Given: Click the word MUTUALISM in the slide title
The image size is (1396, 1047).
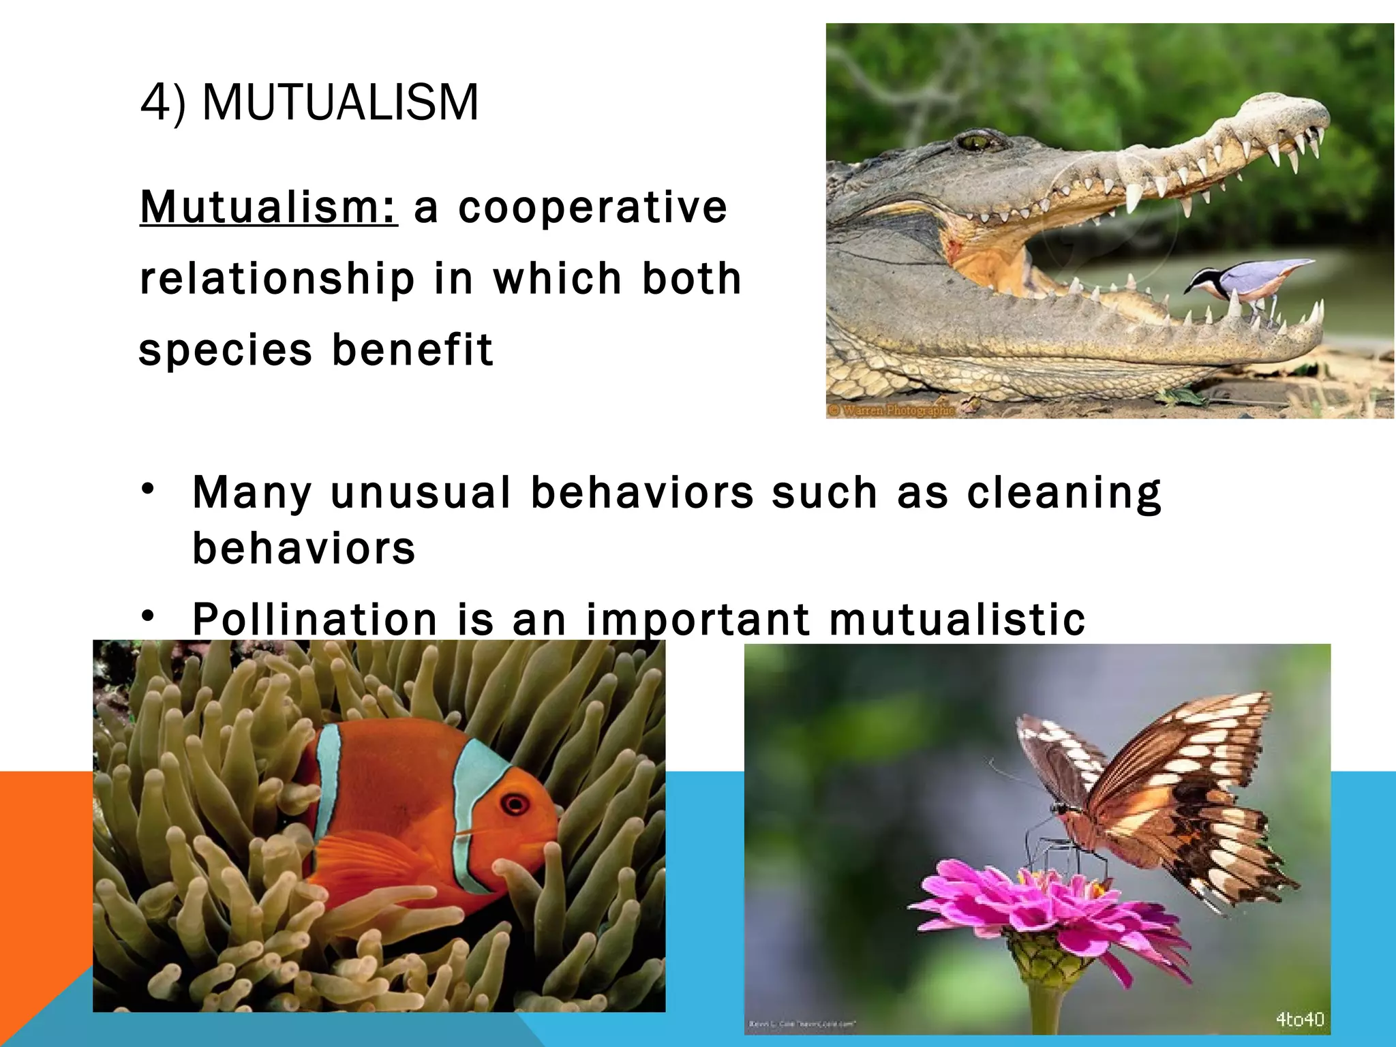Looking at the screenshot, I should [341, 103].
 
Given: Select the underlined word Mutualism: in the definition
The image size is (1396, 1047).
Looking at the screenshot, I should [269, 207].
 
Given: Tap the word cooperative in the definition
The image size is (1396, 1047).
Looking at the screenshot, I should [593, 207].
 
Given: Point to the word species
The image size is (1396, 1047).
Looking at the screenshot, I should [225, 350].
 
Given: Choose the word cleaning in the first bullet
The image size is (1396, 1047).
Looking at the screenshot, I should [1064, 493].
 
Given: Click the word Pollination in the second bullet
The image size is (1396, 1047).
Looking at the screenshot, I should [315, 619].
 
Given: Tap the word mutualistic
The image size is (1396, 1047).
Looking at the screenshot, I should [957, 619].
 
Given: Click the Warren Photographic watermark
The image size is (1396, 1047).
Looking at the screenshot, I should [891, 410].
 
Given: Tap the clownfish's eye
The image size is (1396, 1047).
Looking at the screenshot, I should [515, 804].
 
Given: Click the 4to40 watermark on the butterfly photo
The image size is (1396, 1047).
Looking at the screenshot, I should [1300, 1019].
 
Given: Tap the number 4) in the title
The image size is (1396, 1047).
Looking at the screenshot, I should [162, 103].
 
